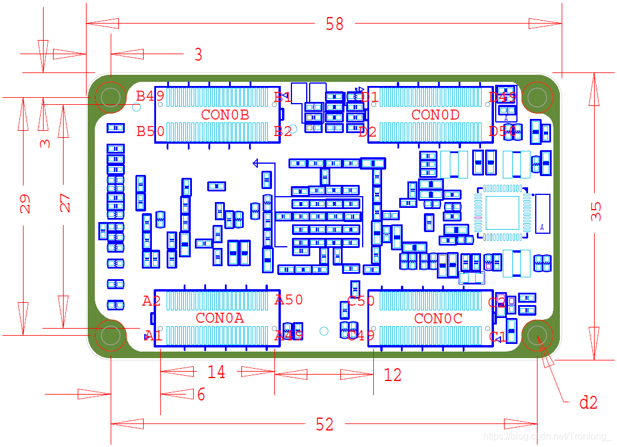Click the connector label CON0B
(x=225, y=114)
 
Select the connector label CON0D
(x=435, y=115)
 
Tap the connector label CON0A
(x=220, y=318)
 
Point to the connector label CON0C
(x=438, y=319)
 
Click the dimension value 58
(x=334, y=24)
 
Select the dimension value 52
(x=324, y=424)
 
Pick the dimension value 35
(x=596, y=211)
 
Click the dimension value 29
(x=25, y=204)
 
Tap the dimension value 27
(x=65, y=203)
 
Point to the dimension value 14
(x=216, y=372)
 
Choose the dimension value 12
(x=392, y=375)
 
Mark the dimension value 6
(x=201, y=395)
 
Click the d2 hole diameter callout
(x=588, y=403)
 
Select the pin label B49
(x=150, y=96)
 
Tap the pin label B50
(x=150, y=131)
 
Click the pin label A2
(x=151, y=302)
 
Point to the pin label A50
(x=289, y=300)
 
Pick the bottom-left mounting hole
(x=110, y=335)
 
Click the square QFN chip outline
(x=502, y=213)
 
